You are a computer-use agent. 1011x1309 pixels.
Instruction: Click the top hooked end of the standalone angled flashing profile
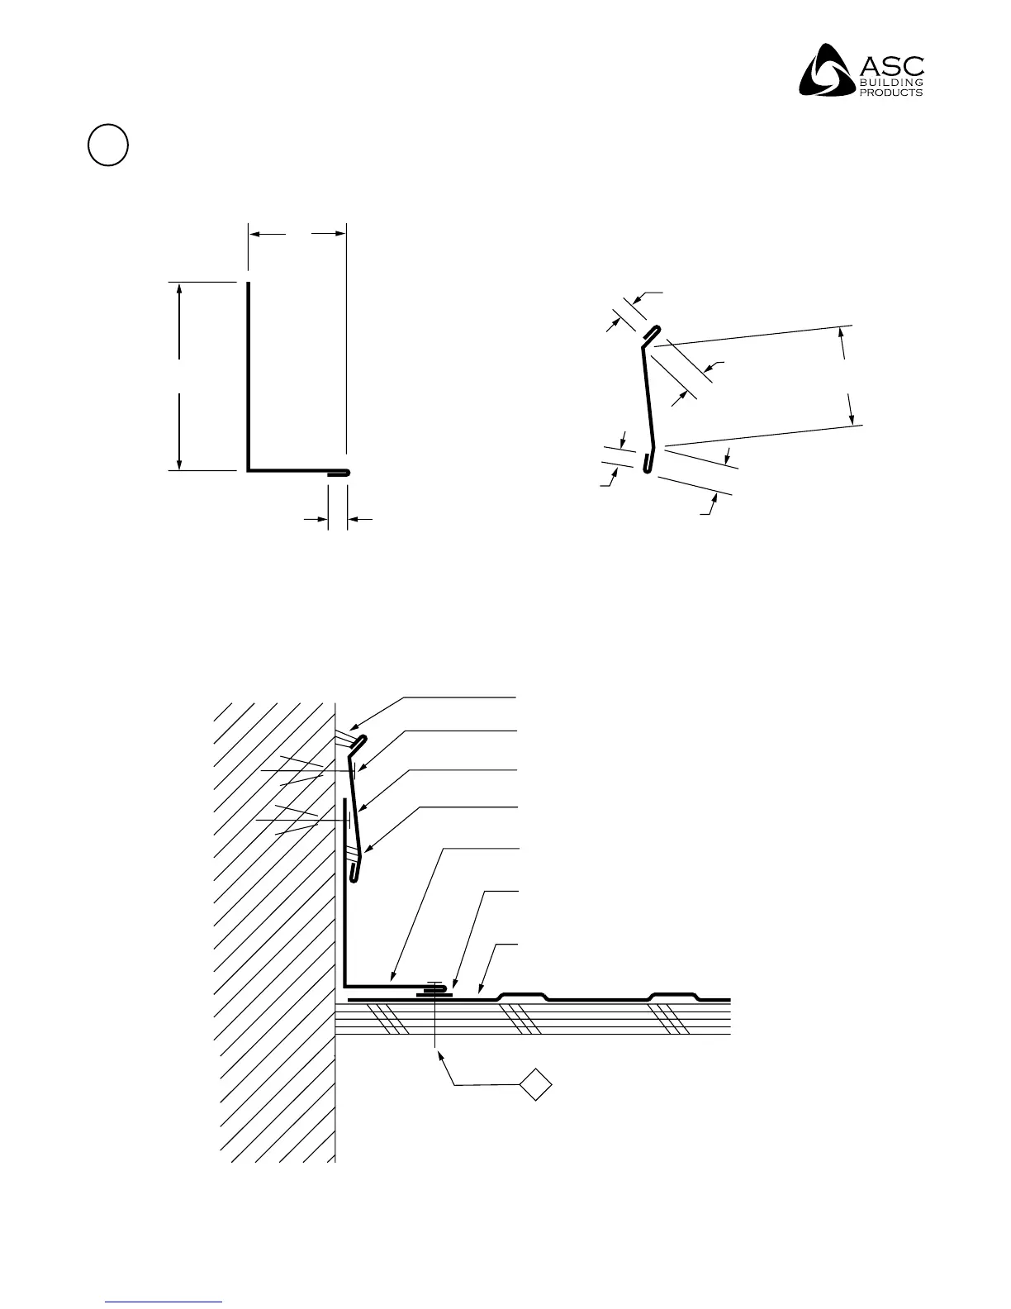pyautogui.click(x=653, y=330)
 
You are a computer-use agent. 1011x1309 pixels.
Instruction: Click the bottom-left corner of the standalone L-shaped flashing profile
pyautogui.click(x=249, y=470)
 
